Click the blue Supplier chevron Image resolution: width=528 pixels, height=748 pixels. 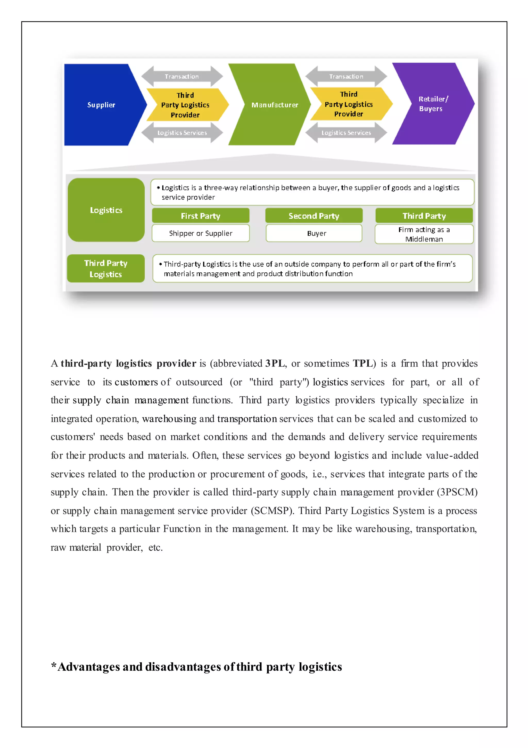(x=101, y=105)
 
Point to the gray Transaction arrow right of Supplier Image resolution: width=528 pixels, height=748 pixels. (x=182, y=76)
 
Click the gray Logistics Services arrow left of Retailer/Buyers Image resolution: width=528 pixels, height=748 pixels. (x=346, y=133)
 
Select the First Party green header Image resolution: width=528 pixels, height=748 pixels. (x=201, y=216)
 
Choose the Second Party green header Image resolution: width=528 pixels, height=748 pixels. (x=314, y=216)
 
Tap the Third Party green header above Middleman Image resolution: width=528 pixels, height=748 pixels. (x=424, y=216)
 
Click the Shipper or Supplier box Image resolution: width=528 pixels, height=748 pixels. (x=201, y=233)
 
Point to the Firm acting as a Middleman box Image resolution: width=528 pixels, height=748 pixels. (x=424, y=234)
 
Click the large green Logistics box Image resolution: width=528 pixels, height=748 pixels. (x=106, y=210)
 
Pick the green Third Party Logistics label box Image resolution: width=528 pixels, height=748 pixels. (x=106, y=269)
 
